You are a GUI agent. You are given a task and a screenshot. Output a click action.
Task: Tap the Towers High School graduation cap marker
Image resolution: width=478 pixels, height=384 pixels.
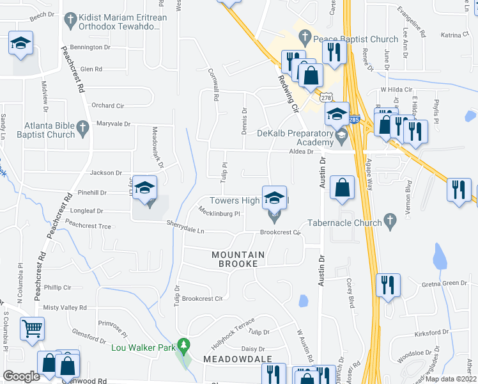275,198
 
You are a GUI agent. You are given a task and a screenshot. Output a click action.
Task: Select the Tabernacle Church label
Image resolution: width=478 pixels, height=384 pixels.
344,222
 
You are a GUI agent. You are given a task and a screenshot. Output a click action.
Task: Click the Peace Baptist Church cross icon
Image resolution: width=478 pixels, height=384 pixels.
305,38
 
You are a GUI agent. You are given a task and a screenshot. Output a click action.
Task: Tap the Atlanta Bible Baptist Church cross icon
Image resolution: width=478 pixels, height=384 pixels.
82,129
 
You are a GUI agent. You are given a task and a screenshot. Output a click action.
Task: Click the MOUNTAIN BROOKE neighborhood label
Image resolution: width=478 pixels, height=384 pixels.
238,259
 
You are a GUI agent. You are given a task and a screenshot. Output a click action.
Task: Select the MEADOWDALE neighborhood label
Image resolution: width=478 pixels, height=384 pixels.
237,360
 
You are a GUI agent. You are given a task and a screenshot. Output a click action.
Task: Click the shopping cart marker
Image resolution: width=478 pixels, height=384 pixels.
32,329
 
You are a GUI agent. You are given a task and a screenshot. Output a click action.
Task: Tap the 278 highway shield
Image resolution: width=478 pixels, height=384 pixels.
327,97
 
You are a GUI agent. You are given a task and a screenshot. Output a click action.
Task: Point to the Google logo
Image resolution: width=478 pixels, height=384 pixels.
21,376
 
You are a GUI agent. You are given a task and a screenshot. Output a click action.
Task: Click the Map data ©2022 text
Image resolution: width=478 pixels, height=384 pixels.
450,379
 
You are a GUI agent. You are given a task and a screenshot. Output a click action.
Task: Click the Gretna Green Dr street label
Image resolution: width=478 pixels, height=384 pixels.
445,283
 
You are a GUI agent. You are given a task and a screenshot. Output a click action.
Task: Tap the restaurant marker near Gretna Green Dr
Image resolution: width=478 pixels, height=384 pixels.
388,285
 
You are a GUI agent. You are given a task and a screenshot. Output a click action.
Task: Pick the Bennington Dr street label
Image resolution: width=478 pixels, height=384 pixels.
91,47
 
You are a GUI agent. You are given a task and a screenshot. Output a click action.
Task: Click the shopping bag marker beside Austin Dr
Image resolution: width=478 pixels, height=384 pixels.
343,188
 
